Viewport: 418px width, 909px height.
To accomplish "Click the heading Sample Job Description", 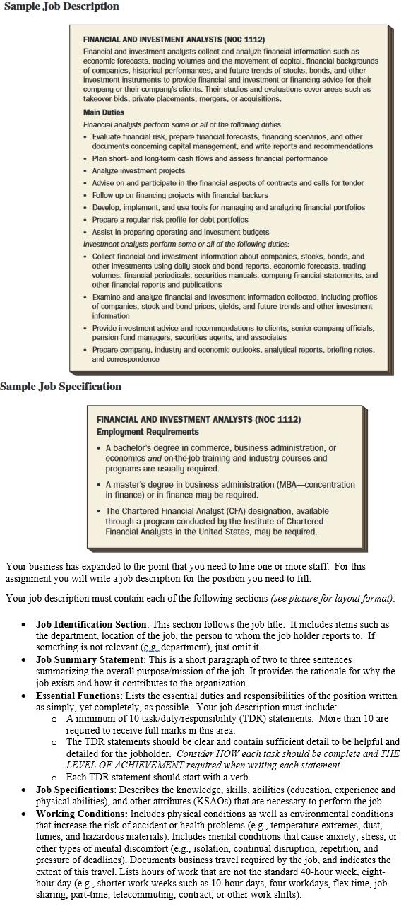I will click(61, 6).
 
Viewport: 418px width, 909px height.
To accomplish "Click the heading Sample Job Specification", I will click(61, 387).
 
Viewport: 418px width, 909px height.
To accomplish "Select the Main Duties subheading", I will click(103, 112).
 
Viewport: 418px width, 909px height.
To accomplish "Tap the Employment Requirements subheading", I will click(148, 432).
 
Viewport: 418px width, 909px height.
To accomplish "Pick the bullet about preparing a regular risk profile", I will click(170, 220).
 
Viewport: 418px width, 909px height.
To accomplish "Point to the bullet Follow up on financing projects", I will click(191, 195).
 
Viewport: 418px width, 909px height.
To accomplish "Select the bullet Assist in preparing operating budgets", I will click(180, 232).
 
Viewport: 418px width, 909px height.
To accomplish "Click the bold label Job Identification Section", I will click(91, 625).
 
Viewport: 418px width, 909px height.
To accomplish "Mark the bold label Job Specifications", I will click(76, 790).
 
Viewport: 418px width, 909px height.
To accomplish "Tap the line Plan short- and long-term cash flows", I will click(210, 158).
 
